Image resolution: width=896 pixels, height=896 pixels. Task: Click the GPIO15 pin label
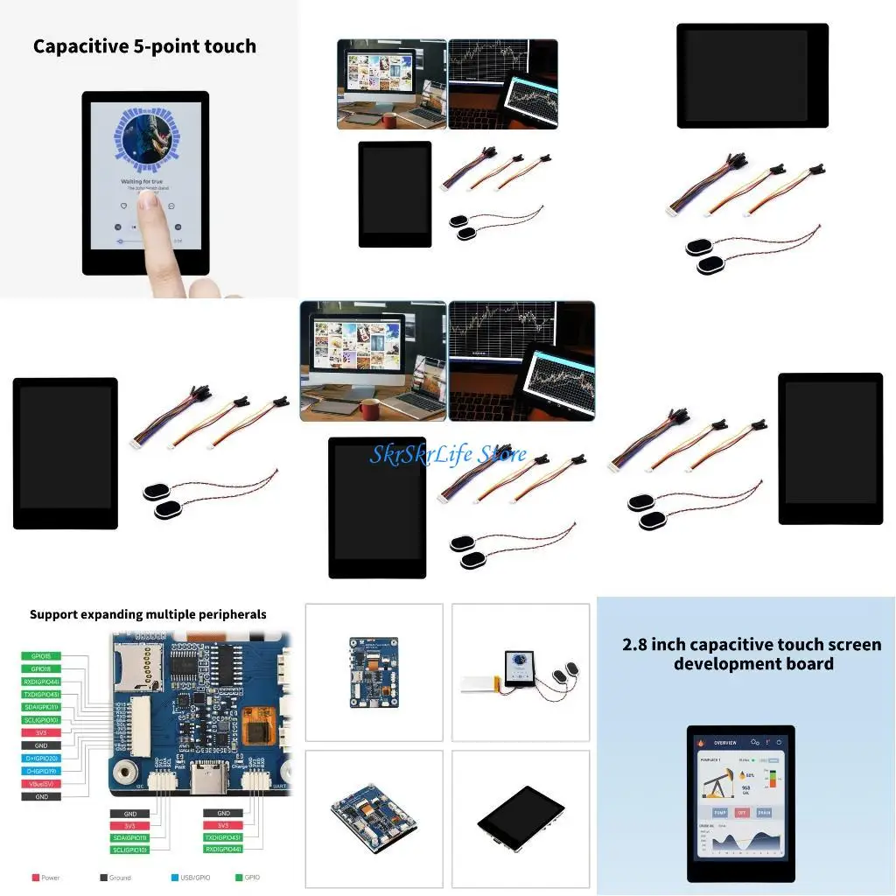41,656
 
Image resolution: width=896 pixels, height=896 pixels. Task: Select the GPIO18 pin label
41,668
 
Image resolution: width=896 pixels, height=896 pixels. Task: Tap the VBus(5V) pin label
41,784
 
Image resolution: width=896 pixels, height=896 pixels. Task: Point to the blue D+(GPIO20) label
41,759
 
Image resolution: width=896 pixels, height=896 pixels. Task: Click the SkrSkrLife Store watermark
448,454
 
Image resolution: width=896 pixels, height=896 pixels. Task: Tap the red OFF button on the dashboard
742,812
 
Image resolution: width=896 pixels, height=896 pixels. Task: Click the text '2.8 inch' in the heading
653,645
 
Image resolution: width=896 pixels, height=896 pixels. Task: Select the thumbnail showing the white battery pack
521,673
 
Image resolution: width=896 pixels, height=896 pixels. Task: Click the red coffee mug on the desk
366,409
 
